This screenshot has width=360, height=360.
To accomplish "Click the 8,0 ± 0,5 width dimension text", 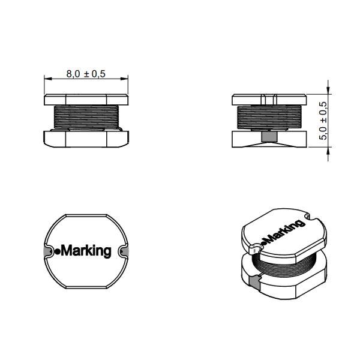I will pyautogui.click(x=86, y=74).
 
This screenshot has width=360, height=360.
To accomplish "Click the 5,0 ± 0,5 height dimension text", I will pyautogui.click(x=324, y=120).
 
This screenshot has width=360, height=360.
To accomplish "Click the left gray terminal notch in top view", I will pyautogui.click(x=46, y=251).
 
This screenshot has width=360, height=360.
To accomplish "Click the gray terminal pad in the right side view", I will pyautogui.click(x=270, y=137).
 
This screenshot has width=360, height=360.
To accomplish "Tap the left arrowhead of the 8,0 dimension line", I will pyautogui.click(x=47, y=79).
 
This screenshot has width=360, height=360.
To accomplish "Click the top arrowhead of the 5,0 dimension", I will pyautogui.click(x=328, y=83).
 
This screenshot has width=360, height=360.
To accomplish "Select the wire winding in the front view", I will pyautogui.click(x=86, y=116).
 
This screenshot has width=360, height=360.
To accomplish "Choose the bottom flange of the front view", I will pyautogui.click(x=86, y=139).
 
